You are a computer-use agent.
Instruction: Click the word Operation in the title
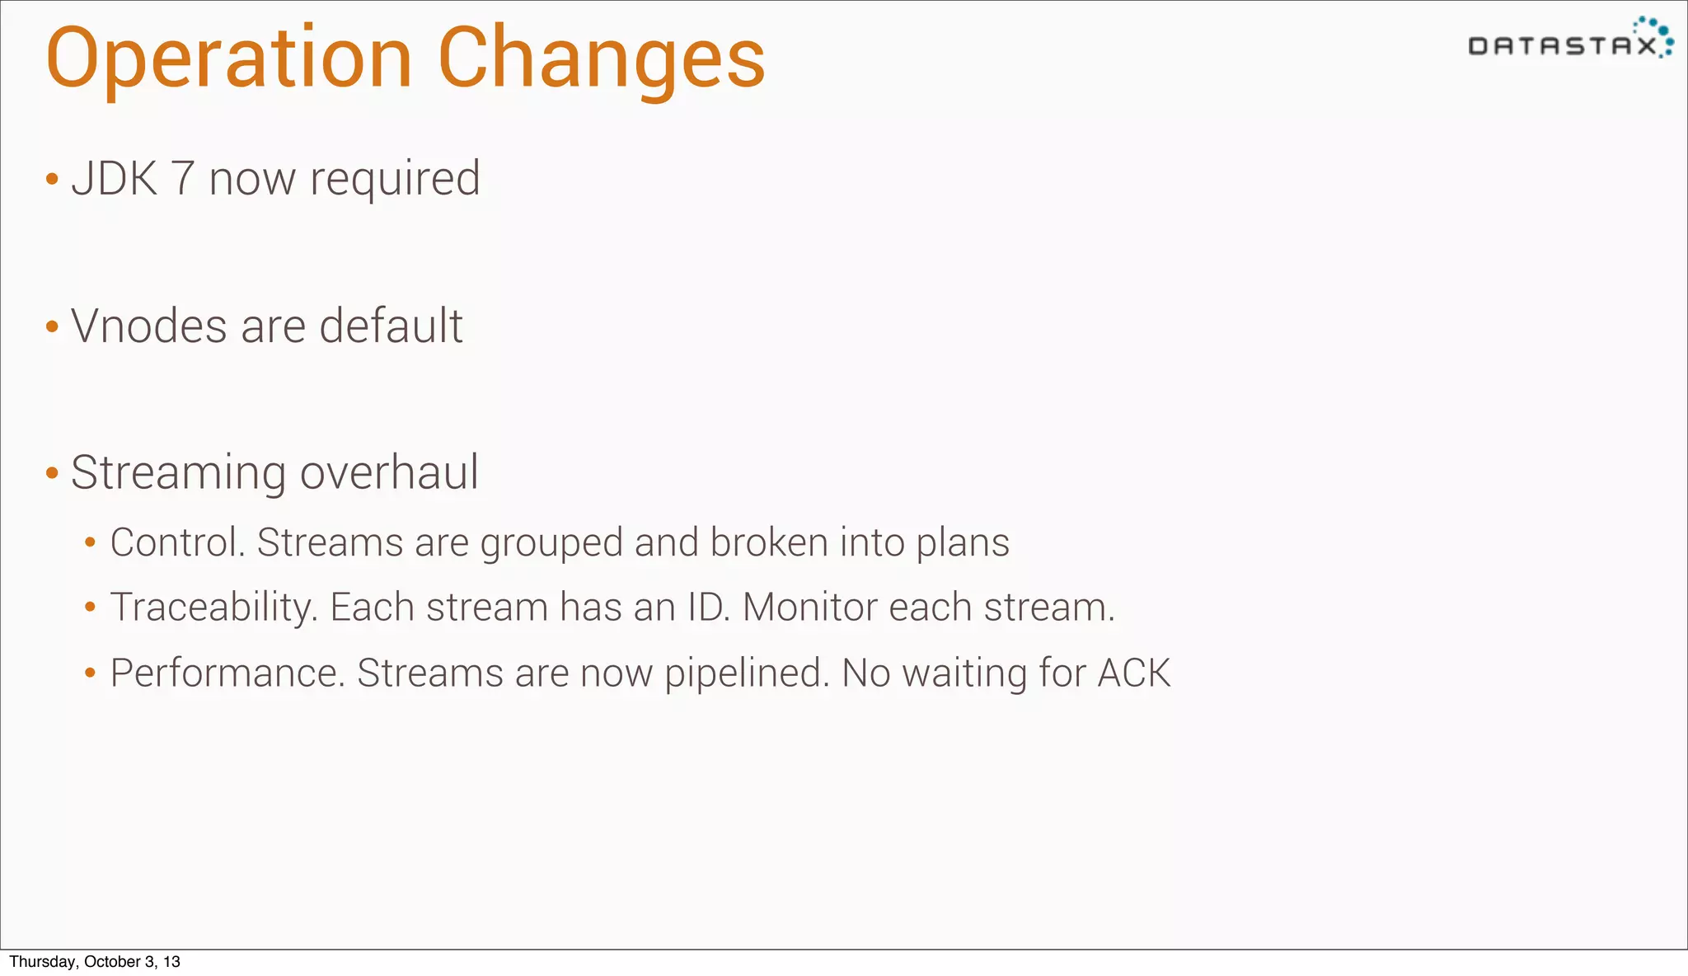[228, 59]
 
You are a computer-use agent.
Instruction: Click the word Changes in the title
[602, 59]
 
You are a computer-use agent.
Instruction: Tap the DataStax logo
[1570, 40]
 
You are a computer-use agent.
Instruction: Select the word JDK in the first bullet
[115, 178]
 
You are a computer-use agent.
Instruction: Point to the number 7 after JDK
[182, 178]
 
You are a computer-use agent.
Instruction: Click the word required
[395, 180]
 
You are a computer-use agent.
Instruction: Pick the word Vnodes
[149, 326]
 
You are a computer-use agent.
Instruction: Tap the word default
[391, 326]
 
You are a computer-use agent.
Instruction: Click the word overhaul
[389, 472]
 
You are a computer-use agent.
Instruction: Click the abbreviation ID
[708, 608]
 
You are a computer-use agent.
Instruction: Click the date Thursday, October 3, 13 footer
[95, 962]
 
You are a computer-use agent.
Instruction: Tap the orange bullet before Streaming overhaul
[52, 473]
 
